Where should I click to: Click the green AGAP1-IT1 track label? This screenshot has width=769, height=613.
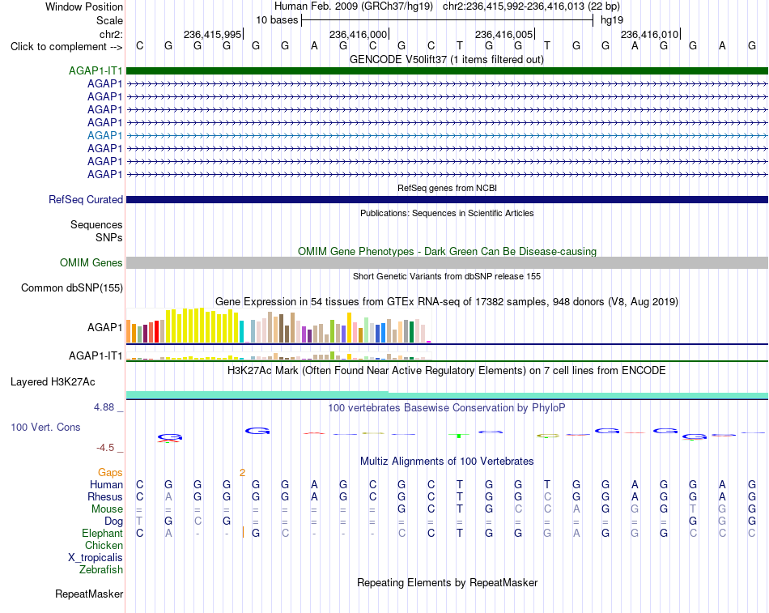(96, 70)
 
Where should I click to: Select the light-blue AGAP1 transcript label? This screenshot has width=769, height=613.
(105, 135)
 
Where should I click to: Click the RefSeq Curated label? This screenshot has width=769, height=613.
(86, 200)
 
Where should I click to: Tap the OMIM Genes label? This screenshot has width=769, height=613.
(91, 263)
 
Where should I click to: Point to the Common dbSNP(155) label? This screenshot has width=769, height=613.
(72, 288)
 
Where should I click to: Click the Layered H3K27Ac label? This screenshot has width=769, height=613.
(53, 382)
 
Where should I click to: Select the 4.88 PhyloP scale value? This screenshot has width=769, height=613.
(104, 407)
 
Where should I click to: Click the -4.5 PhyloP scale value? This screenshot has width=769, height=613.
(105, 448)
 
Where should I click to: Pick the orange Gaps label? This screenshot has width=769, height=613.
(110, 472)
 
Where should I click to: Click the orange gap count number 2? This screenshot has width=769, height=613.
(242, 473)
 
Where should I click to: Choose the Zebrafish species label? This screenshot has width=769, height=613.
(101, 570)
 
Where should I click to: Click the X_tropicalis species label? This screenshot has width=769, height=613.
(96, 558)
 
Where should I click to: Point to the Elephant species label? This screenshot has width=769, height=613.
(103, 534)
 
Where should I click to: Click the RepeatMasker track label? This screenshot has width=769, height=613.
(89, 594)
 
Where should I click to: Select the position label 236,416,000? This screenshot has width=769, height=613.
(358, 34)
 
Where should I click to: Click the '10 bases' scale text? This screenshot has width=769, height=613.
(277, 20)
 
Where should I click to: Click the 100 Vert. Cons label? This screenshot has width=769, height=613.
(45, 428)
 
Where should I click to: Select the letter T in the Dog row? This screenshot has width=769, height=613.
(139, 521)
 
